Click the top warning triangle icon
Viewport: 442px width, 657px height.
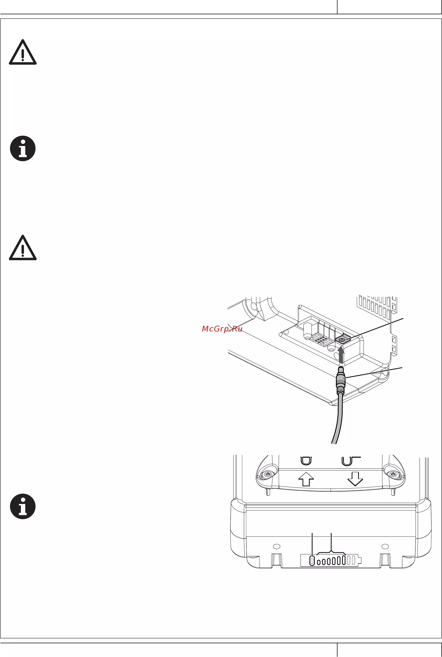coord(23,52)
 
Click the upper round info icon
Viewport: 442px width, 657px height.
coord(23,148)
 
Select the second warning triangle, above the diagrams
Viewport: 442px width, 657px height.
coord(23,248)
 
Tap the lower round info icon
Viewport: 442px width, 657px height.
coord(23,506)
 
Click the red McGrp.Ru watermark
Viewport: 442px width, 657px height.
coord(222,329)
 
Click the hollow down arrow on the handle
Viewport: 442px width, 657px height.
coord(355,479)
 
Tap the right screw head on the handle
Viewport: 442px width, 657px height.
coord(393,474)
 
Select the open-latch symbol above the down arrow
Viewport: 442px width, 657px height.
coord(351,461)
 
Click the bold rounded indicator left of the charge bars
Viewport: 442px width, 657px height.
coord(312,560)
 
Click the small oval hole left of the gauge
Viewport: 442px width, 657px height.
coord(277,546)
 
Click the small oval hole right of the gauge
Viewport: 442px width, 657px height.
coord(385,546)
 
